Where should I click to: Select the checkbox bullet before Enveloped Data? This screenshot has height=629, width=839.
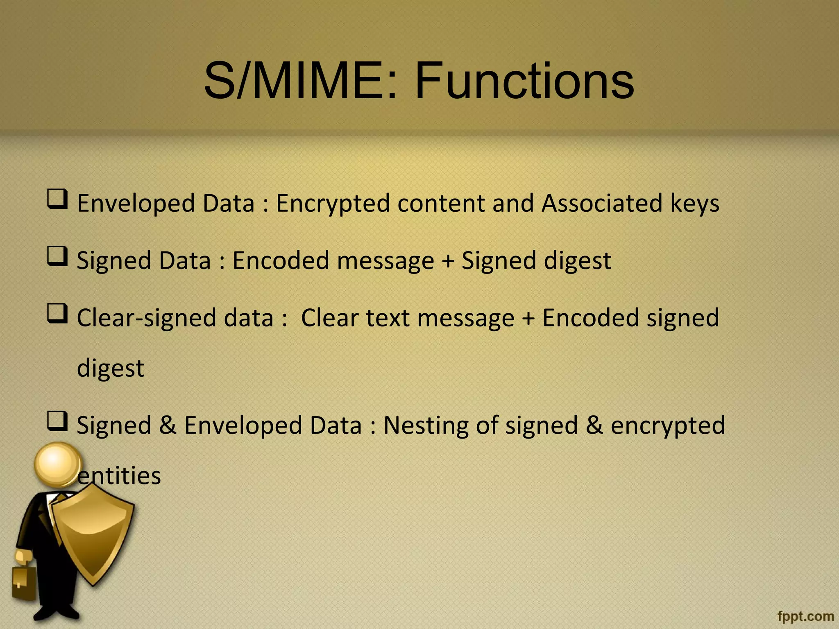point(57,199)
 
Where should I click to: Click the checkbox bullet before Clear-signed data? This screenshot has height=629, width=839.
point(57,313)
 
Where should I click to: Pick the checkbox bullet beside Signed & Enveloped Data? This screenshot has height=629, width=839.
point(57,421)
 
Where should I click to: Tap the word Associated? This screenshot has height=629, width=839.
point(601,204)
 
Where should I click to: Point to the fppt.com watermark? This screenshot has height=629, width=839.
point(805,616)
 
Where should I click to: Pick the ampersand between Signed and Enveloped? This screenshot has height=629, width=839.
point(168,425)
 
